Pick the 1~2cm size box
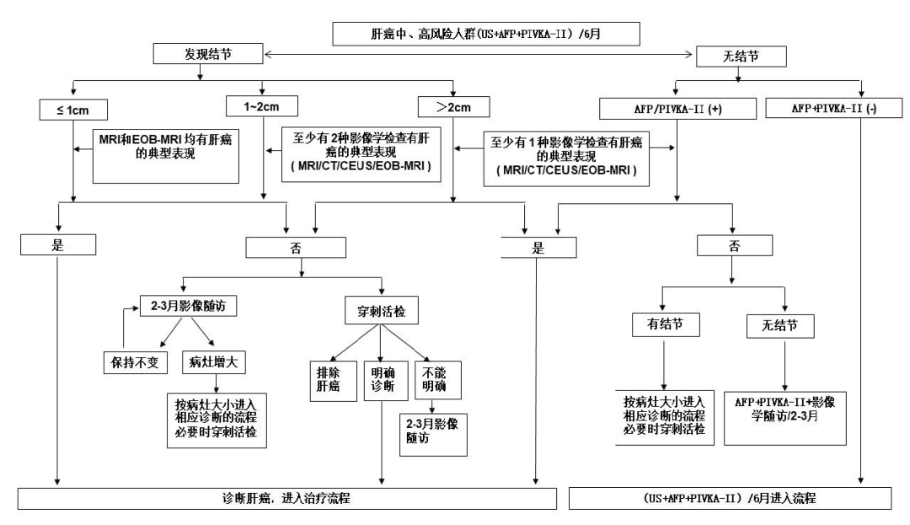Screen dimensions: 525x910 262,107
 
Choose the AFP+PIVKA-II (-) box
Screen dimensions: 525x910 831,110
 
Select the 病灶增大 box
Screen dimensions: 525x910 214,361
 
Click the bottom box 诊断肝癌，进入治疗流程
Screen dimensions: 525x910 287,498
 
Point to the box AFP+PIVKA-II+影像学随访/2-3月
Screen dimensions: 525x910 786,406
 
